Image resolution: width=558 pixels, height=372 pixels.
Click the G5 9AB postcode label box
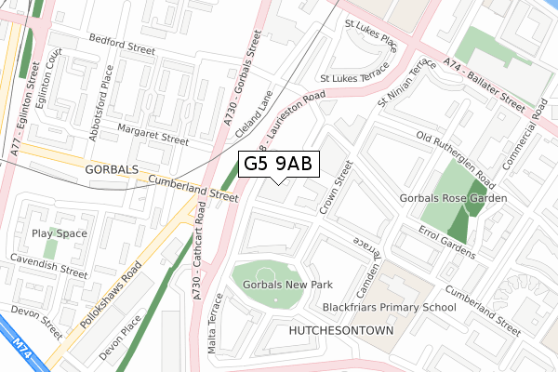pos(280,165)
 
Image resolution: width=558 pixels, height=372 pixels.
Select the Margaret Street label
pos(152,136)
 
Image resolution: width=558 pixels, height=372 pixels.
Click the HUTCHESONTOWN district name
pos(342,331)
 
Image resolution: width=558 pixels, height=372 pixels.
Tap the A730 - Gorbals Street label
pos(241,83)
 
